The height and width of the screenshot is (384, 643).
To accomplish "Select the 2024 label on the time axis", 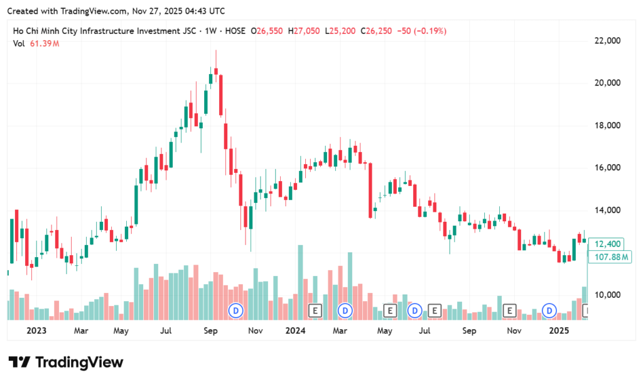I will (294, 330).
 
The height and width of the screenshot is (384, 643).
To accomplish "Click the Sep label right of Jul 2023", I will (212, 330).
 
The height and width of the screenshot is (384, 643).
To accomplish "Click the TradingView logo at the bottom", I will (66, 362).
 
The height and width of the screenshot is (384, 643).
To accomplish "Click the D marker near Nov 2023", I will (236, 310).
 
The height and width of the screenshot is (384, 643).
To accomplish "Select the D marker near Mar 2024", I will (345, 310).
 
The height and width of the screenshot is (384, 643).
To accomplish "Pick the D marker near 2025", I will (550, 310).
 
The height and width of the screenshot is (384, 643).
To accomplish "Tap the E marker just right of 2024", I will (316, 310).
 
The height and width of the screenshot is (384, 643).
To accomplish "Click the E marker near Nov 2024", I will (510, 310).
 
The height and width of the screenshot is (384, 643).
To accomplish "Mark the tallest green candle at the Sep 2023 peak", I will (210, 77).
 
